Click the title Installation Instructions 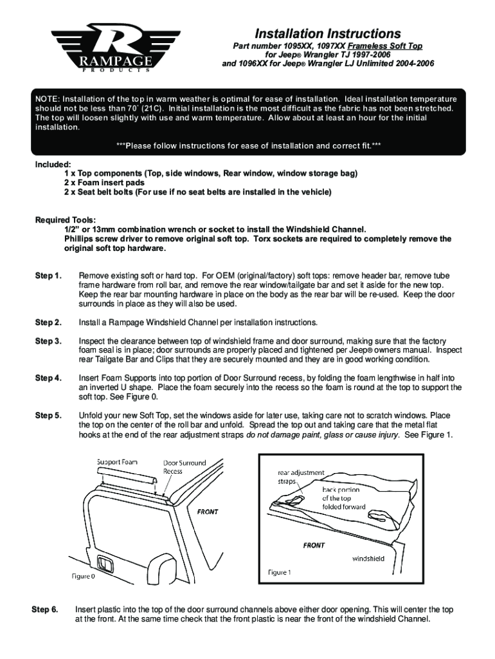(x=327, y=33)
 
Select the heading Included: (x=53, y=165)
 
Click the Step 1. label (x=48, y=276)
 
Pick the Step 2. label (x=48, y=322)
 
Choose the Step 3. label (x=48, y=340)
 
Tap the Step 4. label (x=48, y=378)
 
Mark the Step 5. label (x=48, y=415)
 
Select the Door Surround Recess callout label (x=184, y=467)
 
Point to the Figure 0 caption (x=83, y=576)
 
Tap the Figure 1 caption (x=280, y=572)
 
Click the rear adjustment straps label (x=301, y=476)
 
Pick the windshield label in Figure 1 (x=368, y=559)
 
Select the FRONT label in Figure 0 (x=208, y=512)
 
